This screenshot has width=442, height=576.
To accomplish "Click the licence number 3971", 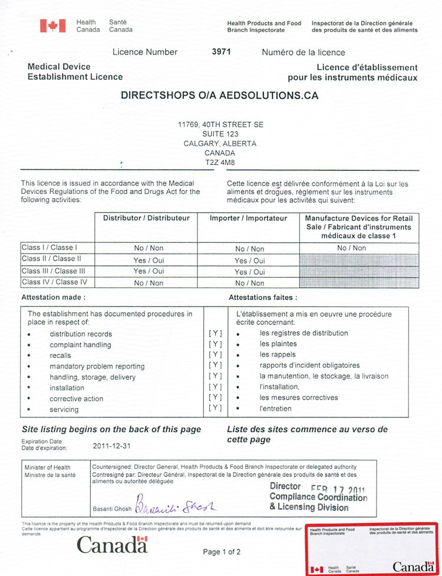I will [221, 52].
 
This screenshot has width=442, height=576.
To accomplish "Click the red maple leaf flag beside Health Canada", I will [52, 26].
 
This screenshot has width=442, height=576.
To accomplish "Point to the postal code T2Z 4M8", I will [220, 162].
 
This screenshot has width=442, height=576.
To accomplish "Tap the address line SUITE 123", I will [220, 134].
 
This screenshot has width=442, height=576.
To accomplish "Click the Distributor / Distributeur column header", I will [146, 218].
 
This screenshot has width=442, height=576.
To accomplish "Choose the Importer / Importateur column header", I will [249, 218].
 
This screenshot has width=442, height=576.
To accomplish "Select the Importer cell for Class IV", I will [249, 283].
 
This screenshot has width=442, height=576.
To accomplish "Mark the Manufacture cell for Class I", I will [351, 248].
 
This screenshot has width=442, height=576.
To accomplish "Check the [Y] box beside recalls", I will [215, 355].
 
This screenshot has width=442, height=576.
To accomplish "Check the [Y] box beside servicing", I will [215, 408].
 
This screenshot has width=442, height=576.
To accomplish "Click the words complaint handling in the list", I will [80, 345].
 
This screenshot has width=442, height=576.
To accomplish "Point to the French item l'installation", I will [279, 387].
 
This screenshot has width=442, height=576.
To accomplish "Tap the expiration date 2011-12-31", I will [112, 446].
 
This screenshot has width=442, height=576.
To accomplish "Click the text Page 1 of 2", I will [222, 552].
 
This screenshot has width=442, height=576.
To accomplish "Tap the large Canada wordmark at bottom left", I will [112, 545].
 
